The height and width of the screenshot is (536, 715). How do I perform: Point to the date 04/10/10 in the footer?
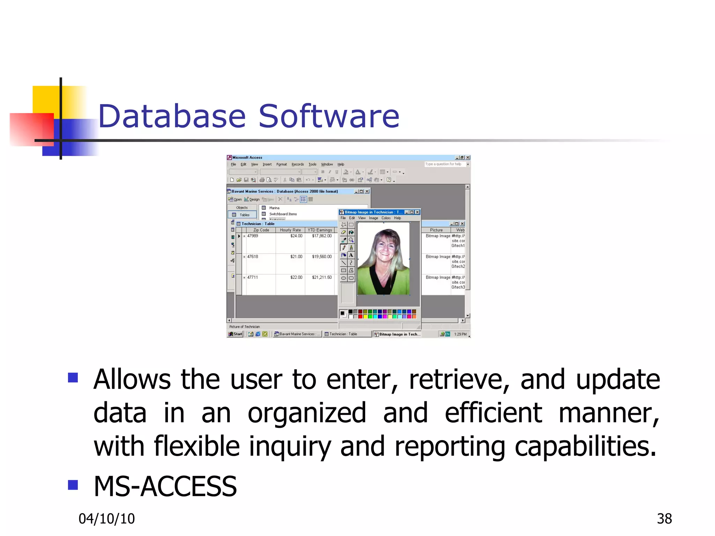coord(106,519)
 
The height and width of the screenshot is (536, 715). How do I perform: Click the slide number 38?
coord(664,519)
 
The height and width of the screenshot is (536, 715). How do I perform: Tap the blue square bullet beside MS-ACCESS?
coord(73,485)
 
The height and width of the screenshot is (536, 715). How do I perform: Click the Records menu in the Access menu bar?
coord(297,164)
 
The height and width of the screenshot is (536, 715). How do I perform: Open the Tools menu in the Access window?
coord(312,164)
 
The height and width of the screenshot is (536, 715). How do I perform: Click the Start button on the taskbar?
coord(235,334)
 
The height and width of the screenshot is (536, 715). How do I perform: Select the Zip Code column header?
coord(261,230)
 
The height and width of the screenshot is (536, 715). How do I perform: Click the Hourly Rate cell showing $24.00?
coord(296,236)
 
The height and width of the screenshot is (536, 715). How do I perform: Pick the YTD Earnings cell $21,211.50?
coord(322,277)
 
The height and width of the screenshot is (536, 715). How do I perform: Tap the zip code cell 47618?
coord(252,256)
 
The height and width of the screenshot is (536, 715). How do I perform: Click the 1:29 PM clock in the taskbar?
coord(460,334)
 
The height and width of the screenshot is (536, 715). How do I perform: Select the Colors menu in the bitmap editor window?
coord(386,218)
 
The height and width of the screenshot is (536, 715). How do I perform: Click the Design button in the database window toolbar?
coord(252,200)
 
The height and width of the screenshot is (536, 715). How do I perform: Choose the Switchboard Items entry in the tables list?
coord(283,214)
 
